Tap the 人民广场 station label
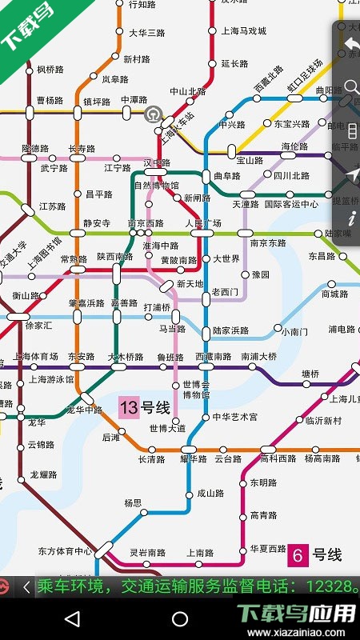pos(203,222)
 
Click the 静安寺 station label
pos(97,222)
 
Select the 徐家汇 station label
pos(38,326)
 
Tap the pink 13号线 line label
pos(145,408)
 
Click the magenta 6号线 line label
pos(316,554)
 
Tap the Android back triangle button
pos(72,618)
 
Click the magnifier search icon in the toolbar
pos(350,86)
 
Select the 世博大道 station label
pos(168,429)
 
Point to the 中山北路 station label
pos(186,91)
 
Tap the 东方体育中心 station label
pos(66,551)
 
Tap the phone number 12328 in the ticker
pos(327,587)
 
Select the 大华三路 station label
pos(147,33)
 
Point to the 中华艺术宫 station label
pos(235,417)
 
